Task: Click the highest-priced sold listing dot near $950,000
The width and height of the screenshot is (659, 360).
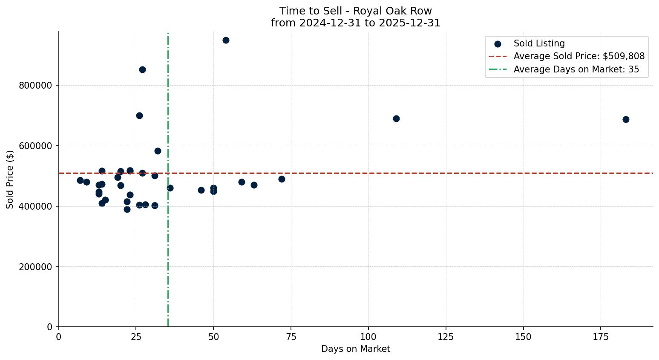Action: (226, 40)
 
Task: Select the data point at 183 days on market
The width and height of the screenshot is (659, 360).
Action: (626, 120)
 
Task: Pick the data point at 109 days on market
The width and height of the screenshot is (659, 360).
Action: (396, 119)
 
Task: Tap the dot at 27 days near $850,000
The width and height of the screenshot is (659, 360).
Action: (142, 70)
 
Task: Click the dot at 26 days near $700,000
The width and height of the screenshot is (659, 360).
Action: (139, 116)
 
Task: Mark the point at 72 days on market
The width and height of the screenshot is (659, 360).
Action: (282, 179)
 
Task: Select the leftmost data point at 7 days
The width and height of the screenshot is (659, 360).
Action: (80, 181)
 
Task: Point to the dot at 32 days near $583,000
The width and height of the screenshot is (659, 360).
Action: (158, 151)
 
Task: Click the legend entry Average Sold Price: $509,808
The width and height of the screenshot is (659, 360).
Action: (578, 56)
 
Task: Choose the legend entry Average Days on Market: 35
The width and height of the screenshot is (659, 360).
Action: (576, 69)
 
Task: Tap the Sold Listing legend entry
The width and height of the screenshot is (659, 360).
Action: (539, 43)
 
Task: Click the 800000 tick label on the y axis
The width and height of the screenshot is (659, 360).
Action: (35, 86)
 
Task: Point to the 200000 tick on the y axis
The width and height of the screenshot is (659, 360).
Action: (35, 267)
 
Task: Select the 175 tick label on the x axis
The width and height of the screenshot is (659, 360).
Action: (601, 337)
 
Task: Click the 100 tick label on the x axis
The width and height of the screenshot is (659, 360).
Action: (368, 337)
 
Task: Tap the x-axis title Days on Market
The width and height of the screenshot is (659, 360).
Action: (356, 349)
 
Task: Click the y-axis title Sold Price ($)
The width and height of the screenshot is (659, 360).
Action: (10, 179)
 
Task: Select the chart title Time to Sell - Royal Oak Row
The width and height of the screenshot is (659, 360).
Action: (356, 11)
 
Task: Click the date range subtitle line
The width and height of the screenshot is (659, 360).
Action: (356, 23)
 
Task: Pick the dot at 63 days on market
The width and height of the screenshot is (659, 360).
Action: (254, 185)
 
